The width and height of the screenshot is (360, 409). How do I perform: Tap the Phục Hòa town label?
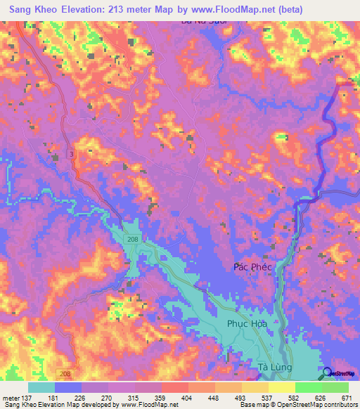click(x=247, y=324)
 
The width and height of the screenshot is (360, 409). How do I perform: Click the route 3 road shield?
click(x=71, y=153)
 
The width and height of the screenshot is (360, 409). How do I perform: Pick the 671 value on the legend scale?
click(x=347, y=398)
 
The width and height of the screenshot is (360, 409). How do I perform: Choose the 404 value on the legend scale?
click(x=188, y=398)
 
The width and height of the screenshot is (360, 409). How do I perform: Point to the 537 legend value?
click(x=268, y=398)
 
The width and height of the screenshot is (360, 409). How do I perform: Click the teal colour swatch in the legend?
click(x=41, y=387)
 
